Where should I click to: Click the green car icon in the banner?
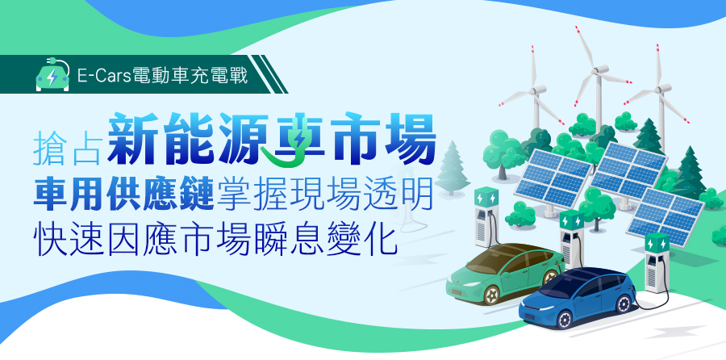[x=52, y=76]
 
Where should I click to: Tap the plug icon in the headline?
[x=293, y=145]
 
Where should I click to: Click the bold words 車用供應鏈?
[x=123, y=196]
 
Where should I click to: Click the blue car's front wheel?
[x=564, y=320]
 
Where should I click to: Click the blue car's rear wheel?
[x=624, y=304]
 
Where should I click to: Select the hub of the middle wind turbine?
[x=598, y=70]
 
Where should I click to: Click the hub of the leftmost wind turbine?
[x=536, y=90]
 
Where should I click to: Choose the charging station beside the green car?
[x=486, y=217]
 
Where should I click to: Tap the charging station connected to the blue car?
[x=657, y=262]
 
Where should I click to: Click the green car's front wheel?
[x=492, y=295]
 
